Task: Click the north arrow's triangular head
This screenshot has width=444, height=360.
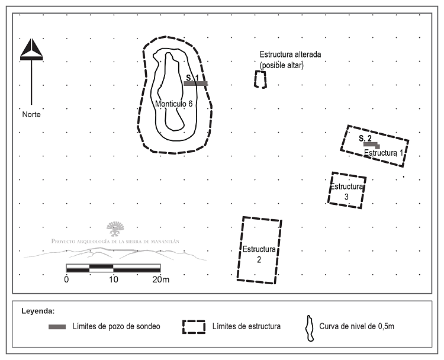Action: pos(31,49)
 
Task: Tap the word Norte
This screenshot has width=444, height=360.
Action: pos(31,114)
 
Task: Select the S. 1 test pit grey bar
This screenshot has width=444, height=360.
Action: pos(196,83)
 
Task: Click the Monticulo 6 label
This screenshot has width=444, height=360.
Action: pos(174,104)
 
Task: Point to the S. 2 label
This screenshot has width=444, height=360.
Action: pos(365,138)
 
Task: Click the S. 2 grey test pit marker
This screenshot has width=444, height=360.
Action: pos(372,145)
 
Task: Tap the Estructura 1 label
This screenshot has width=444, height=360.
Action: pos(384,153)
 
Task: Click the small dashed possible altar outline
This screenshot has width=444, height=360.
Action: pos(255,79)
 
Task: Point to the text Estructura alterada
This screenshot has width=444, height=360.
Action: pos(290,54)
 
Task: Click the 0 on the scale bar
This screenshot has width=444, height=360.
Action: pos(66,279)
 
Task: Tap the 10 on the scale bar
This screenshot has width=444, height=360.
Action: pos(113,279)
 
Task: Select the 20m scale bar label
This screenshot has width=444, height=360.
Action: pos(161,279)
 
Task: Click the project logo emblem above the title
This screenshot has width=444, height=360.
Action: pos(115,229)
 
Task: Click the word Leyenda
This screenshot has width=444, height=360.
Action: pos(38,311)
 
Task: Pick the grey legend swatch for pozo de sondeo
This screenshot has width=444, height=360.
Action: pos(57,327)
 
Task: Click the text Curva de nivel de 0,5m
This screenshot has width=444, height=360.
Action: pos(356,326)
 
